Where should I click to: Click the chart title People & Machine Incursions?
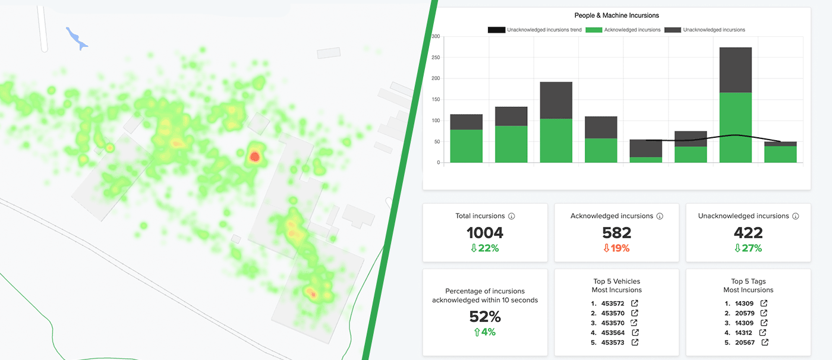616,15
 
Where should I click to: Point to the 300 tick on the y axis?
436,37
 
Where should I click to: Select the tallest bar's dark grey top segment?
735,70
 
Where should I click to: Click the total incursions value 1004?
485,233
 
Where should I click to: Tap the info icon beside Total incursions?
512,217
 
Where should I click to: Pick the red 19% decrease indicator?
616,248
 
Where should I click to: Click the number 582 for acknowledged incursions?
616,233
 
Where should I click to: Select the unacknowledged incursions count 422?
748,233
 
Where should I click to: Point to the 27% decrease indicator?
748,248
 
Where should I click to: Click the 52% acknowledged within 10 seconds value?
485,317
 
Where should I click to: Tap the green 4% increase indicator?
485,332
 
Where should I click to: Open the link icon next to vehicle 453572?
635,304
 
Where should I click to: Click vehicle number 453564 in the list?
613,333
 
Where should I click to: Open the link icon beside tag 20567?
765,342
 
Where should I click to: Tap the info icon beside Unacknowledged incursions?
795,217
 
